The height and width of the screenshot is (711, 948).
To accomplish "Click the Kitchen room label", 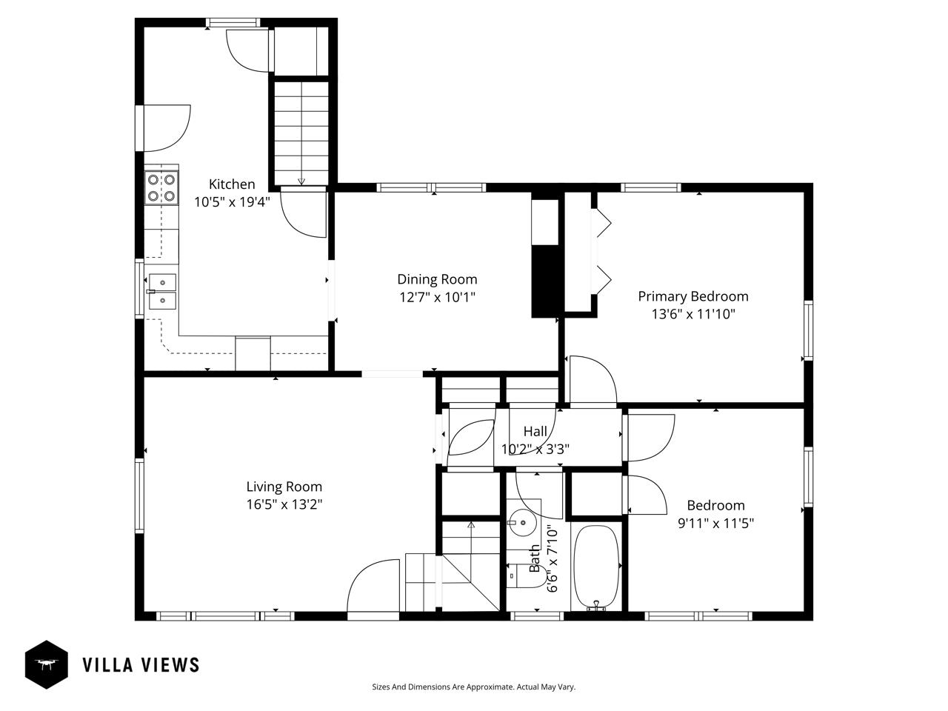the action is (232, 184).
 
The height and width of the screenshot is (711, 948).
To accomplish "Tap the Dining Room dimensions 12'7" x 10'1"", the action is (437, 298).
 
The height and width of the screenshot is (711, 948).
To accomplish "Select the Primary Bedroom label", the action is (692, 296).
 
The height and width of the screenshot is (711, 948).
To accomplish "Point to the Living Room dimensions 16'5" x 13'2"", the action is (284, 504).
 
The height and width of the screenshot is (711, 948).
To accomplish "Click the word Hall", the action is (535, 431).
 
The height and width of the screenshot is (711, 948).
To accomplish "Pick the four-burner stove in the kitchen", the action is (161, 188).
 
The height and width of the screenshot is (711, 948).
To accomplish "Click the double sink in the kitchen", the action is (162, 291).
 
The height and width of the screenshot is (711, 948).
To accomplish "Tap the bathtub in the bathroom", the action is (596, 567).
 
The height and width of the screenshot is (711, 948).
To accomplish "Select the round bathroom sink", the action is (523, 523).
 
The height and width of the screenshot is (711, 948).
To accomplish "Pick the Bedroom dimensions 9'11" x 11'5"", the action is (715, 523).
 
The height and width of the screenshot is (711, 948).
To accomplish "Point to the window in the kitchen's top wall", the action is (233, 22).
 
